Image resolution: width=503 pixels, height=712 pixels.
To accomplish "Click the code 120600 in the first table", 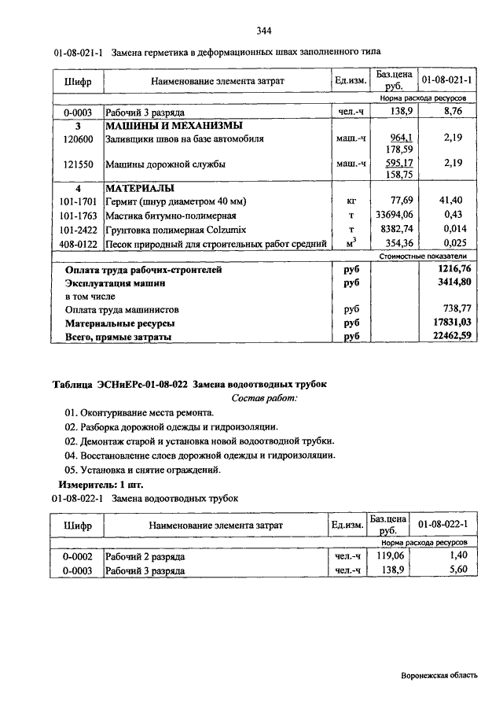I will click(79, 138).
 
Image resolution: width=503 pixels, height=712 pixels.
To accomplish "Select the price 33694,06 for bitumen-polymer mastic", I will click(395, 215).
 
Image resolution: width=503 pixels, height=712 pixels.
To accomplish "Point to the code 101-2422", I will click(79, 228).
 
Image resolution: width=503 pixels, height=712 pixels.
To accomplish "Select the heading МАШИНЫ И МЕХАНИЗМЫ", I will click(174, 126).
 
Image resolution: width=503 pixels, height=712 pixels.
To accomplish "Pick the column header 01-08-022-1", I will click(443, 525).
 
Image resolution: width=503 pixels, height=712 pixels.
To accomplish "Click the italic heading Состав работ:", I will click(265, 398).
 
